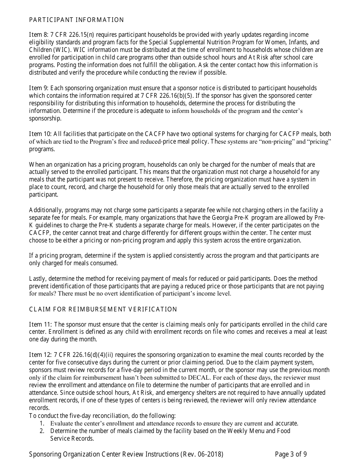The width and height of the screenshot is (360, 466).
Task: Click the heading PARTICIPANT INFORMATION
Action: click(x=77, y=20)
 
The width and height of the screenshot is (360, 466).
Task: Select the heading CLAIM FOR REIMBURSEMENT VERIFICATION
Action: click(x=103, y=310)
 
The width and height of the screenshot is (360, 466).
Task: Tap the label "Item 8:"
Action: click(x=38, y=35)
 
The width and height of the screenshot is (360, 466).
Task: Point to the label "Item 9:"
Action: click(x=38, y=88)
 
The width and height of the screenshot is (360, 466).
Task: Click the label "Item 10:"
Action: click(x=40, y=134)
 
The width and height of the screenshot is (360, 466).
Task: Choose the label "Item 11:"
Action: click(x=40, y=325)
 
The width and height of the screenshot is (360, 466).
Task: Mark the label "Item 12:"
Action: click(x=40, y=355)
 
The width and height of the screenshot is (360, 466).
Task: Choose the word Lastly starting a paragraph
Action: click(x=38, y=279)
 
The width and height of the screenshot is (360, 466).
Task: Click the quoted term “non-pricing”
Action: click(x=265, y=142)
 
